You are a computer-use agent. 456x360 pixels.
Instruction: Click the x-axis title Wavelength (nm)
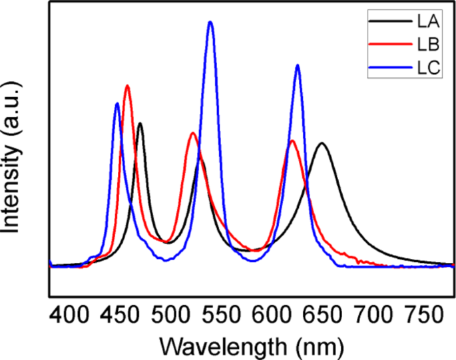pyautogui.click(x=252, y=345)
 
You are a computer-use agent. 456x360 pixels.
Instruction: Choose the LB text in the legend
pyautogui.click(x=427, y=45)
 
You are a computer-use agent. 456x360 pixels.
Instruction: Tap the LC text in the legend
pyautogui.click(x=427, y=67)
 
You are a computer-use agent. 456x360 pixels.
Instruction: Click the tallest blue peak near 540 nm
pyautogui.click(x=210, y=22)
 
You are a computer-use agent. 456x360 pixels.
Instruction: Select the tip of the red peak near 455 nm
pyautogui.click(x=127, y=85)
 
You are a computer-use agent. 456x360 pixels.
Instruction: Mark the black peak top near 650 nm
pyautogui.click(x=322, y=143)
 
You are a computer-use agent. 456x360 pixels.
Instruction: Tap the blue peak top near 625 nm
pyautogui.click(x=298, y=65)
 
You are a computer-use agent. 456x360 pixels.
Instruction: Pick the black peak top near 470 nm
pyautogui.click(x=140, y=123)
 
